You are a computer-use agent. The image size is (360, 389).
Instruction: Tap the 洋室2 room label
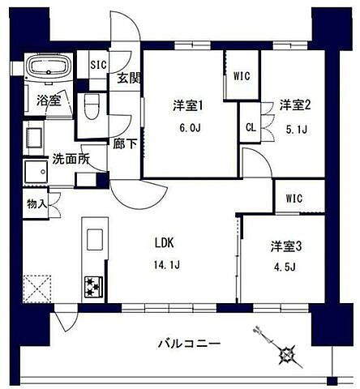[x=295, y=105]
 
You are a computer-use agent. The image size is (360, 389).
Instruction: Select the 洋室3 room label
[x=285, y=246]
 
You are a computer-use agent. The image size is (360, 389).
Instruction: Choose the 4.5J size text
[x=285, y=267]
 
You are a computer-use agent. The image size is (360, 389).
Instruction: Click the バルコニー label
[x=189, y=344]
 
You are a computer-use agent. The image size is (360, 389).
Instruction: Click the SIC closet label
[x=97, y=65]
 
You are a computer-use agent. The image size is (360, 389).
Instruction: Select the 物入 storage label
[x=37, y=203]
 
